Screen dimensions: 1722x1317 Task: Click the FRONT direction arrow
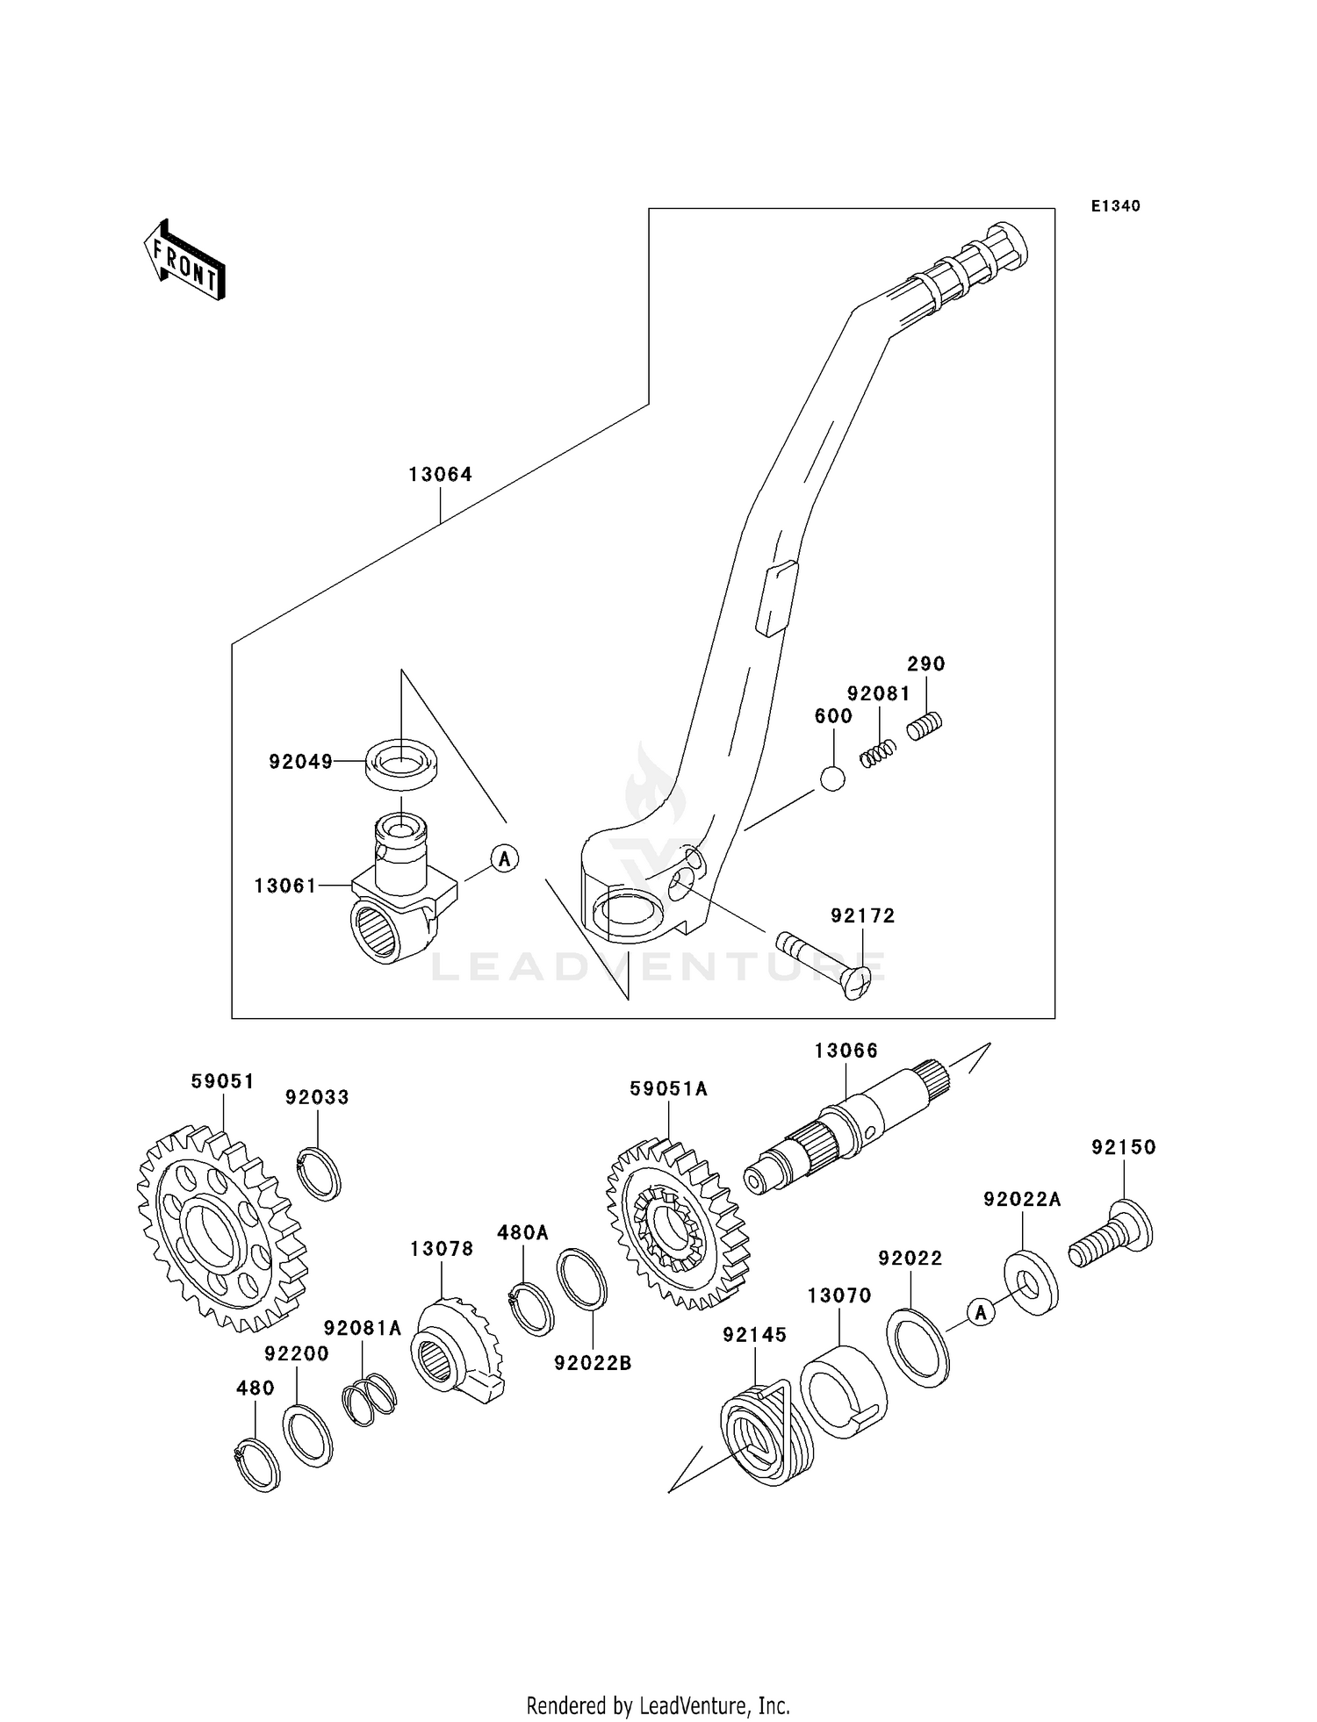(185, 261)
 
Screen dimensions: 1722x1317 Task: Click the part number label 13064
(440, 475)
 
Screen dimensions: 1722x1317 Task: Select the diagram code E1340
(1115, 206)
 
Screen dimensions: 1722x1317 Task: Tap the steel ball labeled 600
(831, 778)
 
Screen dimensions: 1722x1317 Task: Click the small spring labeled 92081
(877, 753)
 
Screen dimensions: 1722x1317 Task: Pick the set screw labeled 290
(924, 727)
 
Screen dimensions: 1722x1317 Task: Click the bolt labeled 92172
(822, 966)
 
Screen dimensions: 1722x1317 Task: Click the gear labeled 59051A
(677, 1223)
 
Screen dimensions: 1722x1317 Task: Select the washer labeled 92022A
(1031, 1283)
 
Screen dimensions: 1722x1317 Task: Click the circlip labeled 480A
(531, 1309)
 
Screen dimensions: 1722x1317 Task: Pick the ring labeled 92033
(318, 1173)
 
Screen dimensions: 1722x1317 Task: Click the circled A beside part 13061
(504, 857)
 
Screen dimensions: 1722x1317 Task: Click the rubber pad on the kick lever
(776, 599)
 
